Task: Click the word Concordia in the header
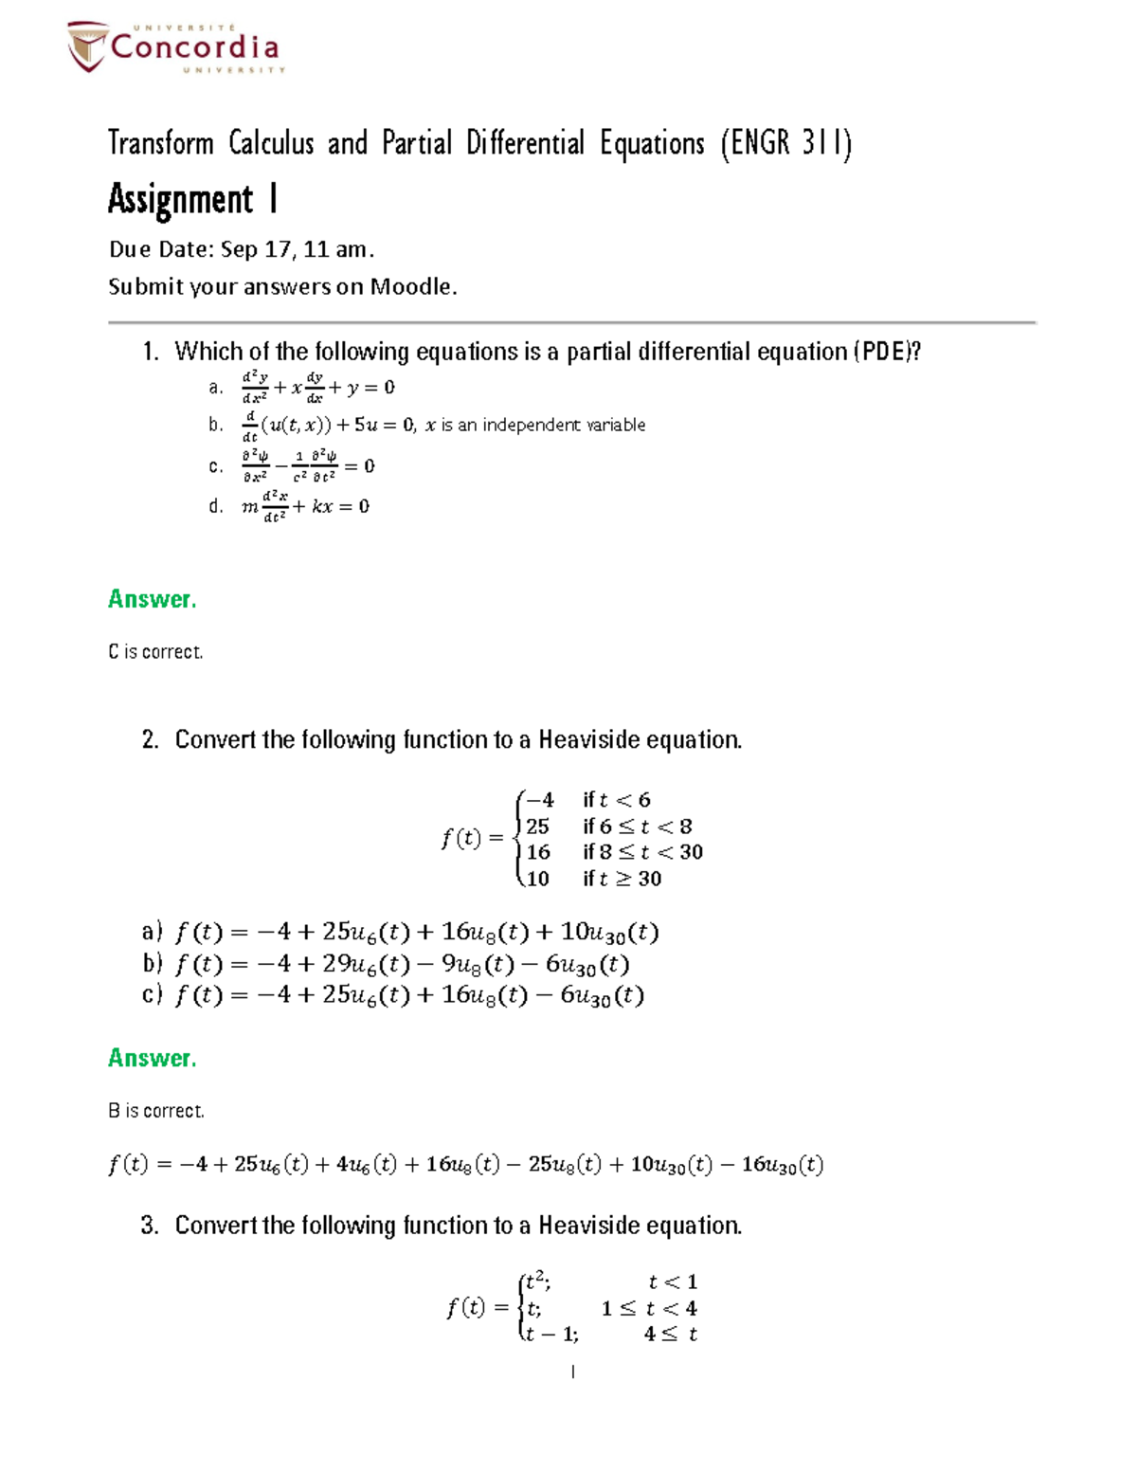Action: [x=194, y=47]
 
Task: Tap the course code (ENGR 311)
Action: [x=785, y=144]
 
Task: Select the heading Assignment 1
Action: [x=192, y=200]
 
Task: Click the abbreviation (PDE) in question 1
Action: [x=886, y=352]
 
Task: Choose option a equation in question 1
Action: [x=318, y=388]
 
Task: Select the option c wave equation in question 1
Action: [x=308, y=466]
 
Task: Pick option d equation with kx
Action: [x=305, y=507]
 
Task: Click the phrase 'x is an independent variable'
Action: [x=534, y=426]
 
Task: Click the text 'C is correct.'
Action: [x=155, y=652]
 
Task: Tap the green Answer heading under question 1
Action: [x=152, y=599]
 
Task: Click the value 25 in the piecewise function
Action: [x=537, y=827]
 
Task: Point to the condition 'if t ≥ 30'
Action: [x=622, y=879]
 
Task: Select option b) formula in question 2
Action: [x=402, y=965]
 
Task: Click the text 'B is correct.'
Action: [x=155, y=1111]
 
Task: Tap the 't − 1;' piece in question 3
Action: [x=551, y=1335]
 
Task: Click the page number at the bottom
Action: [x=572, y=1372]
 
